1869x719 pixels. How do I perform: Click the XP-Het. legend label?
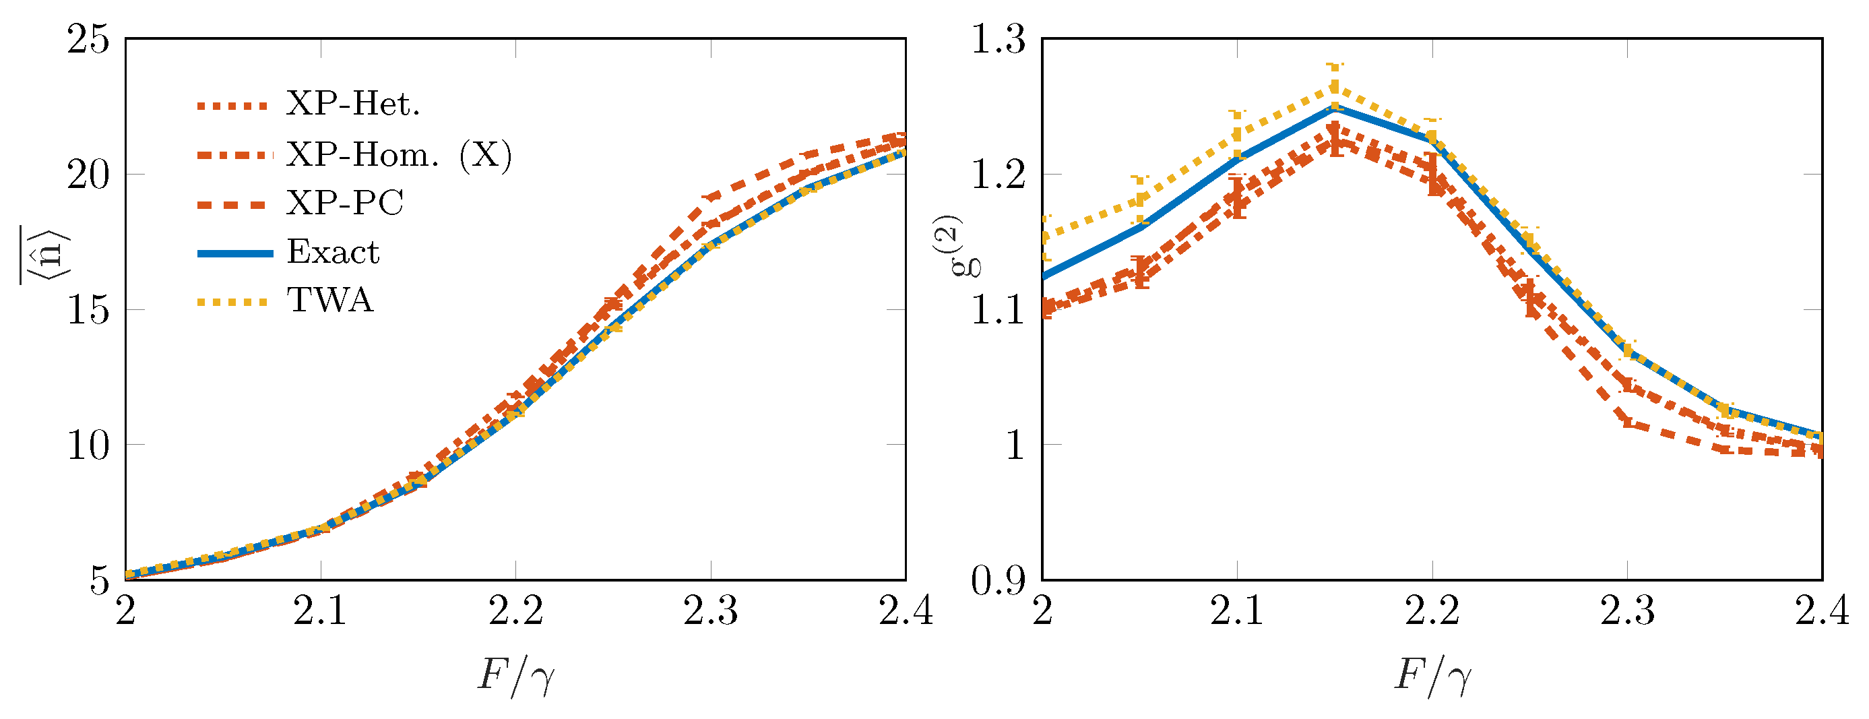tap(352, 104)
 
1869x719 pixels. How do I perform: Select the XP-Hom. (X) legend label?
tap(399, 154)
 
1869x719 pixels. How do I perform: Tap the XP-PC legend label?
tap(345, 203)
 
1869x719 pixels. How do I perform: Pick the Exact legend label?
tap(333, 253)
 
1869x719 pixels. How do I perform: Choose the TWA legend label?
tap(330, 301)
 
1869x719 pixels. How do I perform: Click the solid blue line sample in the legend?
tap(235, 253)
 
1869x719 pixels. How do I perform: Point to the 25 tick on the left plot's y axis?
tap(88, 39)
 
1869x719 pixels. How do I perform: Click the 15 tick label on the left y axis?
tap(88, 311)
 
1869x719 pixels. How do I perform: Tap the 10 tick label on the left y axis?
tap(88, 445)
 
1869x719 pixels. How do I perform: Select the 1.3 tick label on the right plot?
tap(1000, 39)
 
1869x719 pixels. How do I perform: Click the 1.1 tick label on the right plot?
tap(1000, 311)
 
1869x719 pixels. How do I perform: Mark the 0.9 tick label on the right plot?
tap(1000, 580)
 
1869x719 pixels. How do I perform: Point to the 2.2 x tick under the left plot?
tap(516, 612)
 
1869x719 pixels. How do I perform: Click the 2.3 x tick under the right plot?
tap(1627, 612)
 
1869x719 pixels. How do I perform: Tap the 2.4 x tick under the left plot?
tap(906, 612)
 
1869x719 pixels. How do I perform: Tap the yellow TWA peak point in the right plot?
tap(1334, 88)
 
